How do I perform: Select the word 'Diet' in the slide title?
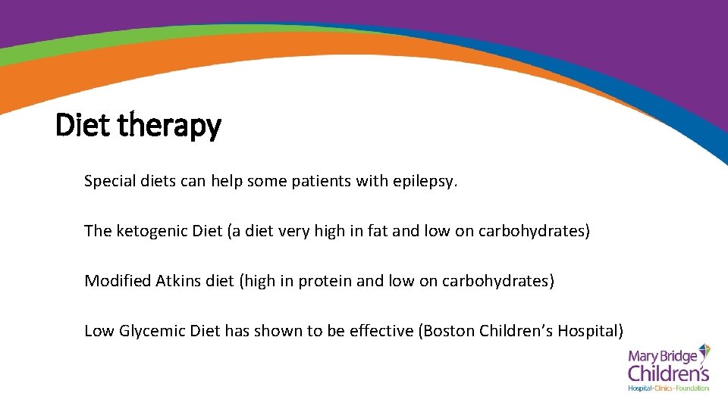[x=82, y=125]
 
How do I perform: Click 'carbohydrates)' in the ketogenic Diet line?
[x=534, y=231]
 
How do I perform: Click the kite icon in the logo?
[x=704, y=352]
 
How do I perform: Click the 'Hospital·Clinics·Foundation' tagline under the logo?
[x=668, y=389]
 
